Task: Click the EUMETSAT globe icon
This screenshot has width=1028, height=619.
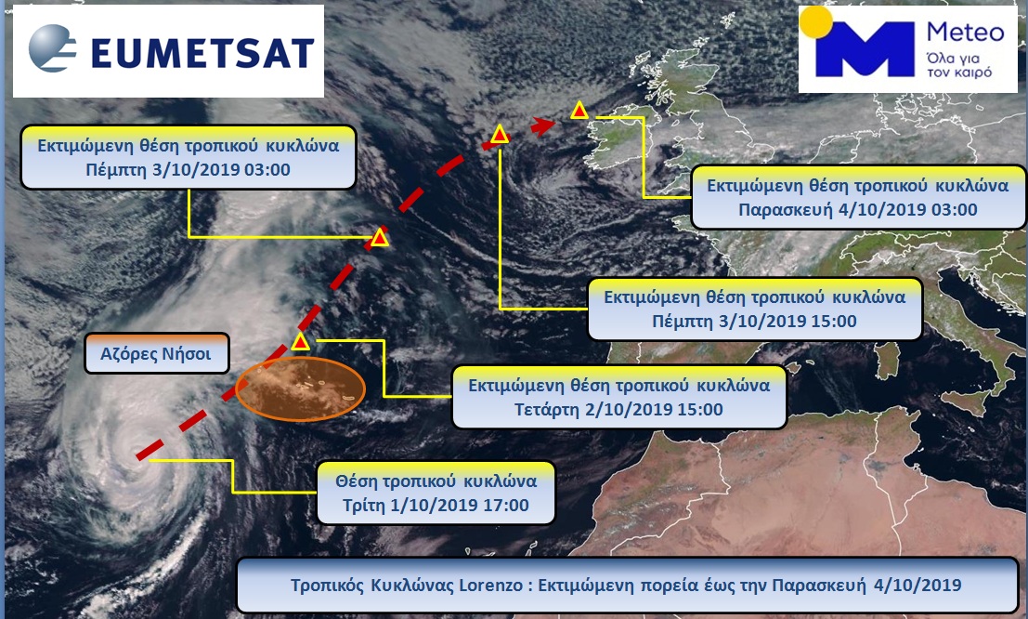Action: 52,47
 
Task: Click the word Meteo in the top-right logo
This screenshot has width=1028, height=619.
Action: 965,32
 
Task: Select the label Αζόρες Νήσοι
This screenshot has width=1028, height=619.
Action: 156,354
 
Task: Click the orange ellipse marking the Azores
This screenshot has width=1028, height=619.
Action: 300,389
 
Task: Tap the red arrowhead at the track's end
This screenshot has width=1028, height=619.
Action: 542,125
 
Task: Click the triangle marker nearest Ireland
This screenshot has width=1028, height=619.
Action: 579,111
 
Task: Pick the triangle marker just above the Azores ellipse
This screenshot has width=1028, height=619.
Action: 300,341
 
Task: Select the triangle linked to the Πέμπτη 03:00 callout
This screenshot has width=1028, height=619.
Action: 380,238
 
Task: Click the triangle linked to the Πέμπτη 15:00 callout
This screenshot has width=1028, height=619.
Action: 500,135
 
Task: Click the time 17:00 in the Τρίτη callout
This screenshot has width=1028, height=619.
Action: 505,506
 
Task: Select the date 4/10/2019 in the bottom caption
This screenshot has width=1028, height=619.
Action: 917,585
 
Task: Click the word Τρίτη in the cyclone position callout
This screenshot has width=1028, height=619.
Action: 364,506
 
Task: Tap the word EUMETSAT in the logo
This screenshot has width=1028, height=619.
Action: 202,53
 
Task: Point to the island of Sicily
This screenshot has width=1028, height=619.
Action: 966,402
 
